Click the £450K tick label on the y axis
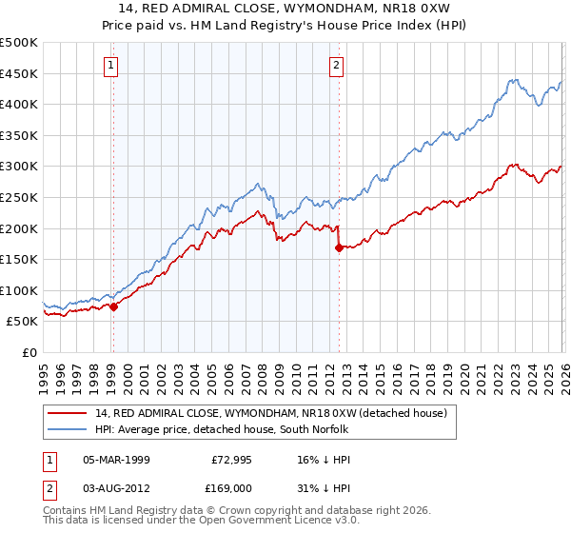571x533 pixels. pos(19,73)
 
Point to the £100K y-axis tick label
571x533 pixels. pos(19,290)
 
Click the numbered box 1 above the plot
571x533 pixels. pos(112,66)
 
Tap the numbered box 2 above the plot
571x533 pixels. pos(337,66)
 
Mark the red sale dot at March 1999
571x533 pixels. pos(113,306)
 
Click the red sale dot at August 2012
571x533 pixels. pos(339,247)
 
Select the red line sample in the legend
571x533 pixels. pos(69,413)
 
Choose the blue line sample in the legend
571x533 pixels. pos(69,429)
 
